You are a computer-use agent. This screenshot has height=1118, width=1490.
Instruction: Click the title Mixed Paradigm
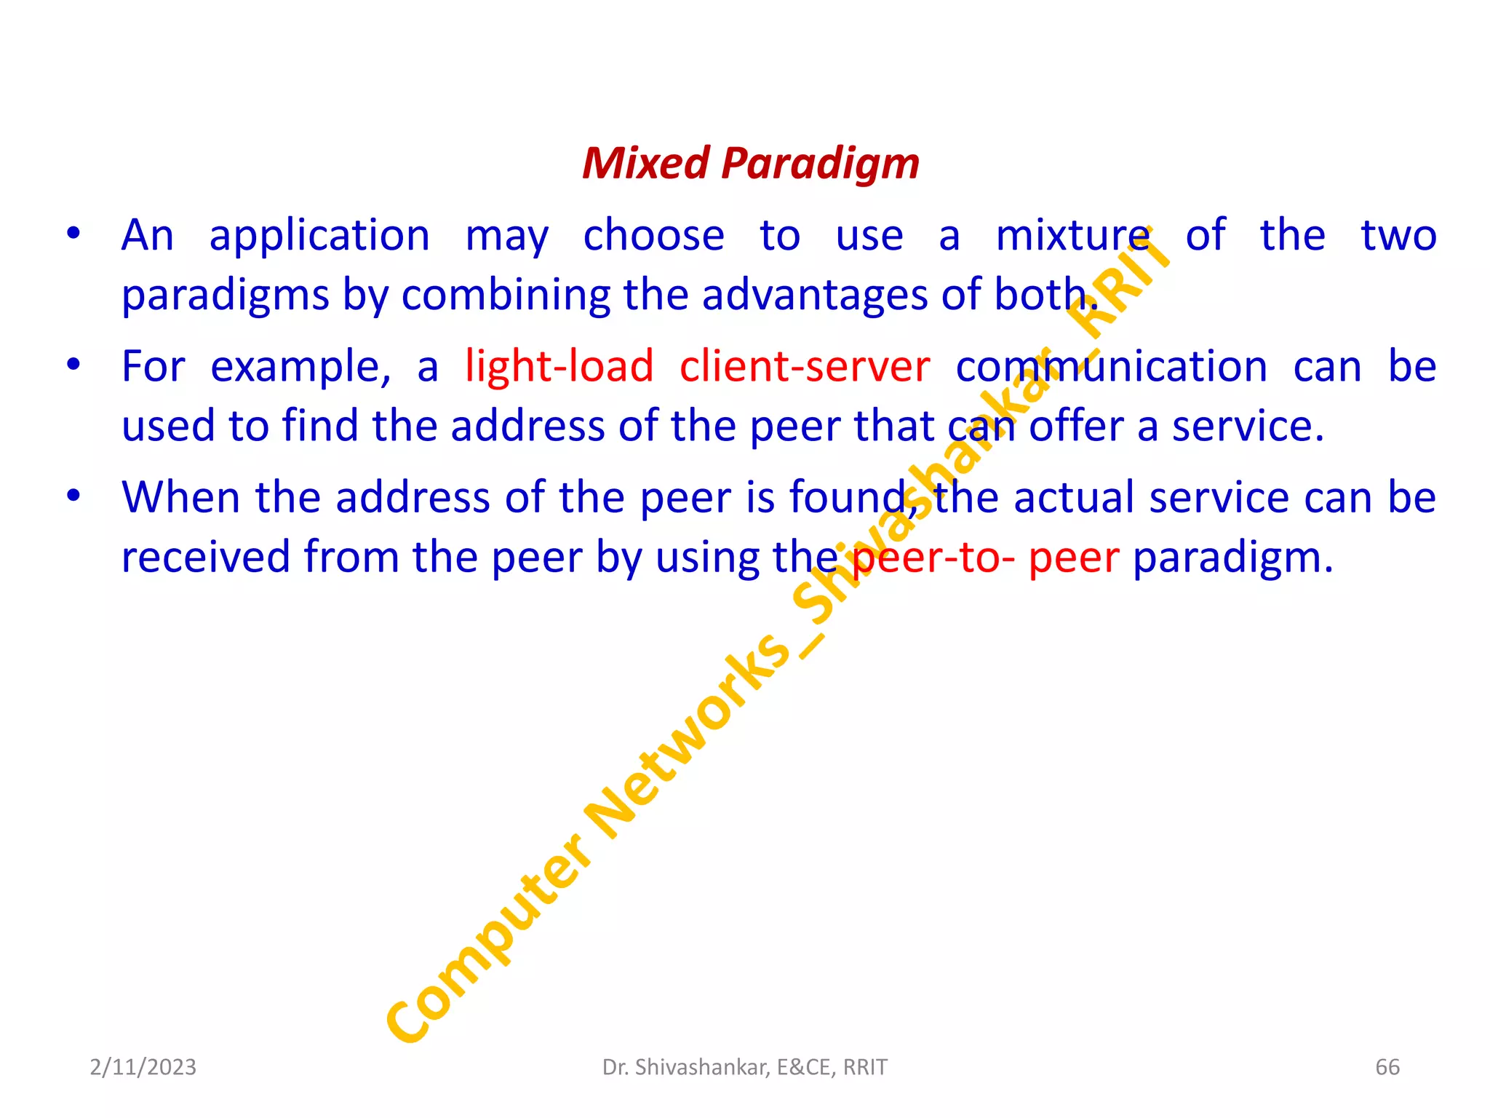[x=750, y=163]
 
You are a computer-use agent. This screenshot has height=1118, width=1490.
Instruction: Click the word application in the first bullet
[x=319, y=237]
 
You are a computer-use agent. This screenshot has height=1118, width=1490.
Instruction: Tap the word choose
[x=653, y=236]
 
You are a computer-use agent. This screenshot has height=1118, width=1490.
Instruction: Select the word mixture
[x=1072, y=236]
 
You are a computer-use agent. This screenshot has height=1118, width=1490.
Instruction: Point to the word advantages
[x=814, y=296]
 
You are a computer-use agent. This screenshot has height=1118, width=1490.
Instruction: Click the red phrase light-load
[x=559, y=365]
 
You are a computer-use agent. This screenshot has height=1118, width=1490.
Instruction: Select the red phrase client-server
[x=804, y=365]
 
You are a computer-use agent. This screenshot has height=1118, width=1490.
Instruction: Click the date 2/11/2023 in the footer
[x=143, y=1067]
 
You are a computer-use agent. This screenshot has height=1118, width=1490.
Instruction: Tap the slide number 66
[x=1387, y=1067]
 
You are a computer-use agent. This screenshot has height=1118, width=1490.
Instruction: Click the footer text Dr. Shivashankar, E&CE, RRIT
[x=744, y=1067]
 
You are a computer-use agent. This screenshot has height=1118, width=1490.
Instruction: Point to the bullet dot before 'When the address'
[x=73, y=496]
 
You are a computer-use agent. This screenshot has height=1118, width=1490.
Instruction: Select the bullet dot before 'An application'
[x=73, y=234]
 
